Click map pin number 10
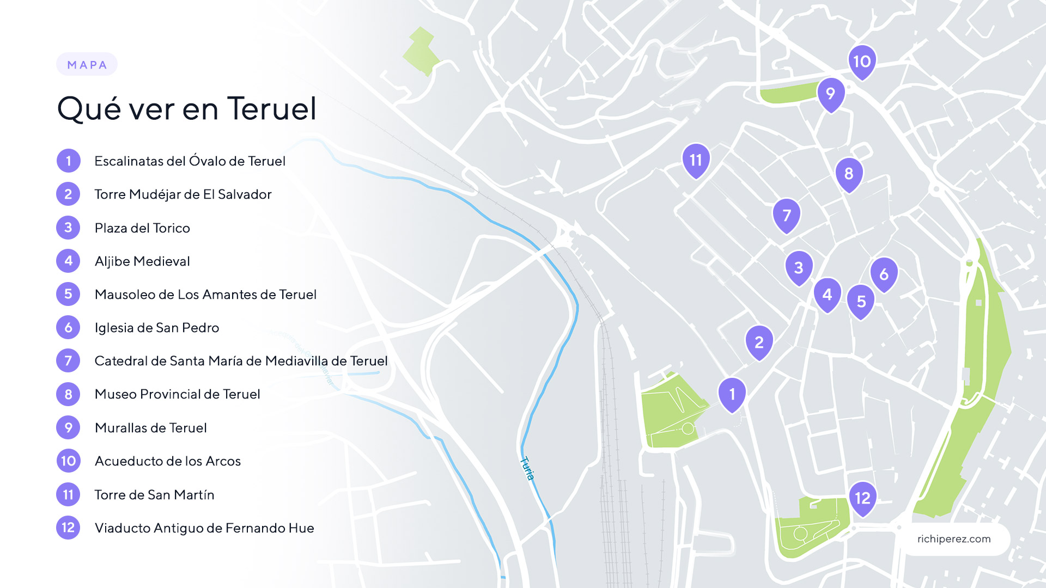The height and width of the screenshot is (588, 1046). tap(862, 62)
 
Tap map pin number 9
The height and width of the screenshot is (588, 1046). tap(831, 94)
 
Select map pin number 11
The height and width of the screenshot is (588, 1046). tap(696, 160)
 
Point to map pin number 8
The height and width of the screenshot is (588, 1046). tap(849, 174)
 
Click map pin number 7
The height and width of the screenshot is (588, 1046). tap(787, 216)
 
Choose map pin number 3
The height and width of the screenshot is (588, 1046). tap(799, 268)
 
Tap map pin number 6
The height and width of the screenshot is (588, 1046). tap(884, 274)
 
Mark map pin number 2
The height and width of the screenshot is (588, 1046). tap(759, 342)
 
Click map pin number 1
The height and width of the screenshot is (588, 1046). tap(732, 394)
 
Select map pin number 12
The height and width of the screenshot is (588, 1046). tap(862, 498)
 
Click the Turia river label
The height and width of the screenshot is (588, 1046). tap(527, 468)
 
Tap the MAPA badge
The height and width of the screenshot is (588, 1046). tap(87, 65)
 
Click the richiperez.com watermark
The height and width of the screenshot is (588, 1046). tap(953, 539)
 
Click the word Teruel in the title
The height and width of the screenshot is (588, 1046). tap(271, 108)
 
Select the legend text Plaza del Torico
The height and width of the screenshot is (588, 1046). tap(142, 228)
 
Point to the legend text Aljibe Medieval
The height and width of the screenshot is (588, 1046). tap(142, 261)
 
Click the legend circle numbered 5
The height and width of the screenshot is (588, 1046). tap(68, 295)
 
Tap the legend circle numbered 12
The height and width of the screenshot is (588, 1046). tap(68, 528)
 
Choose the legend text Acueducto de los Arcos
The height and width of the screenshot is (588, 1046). tap(168, 461)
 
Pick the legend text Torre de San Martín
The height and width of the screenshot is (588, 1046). tap(154, 495)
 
